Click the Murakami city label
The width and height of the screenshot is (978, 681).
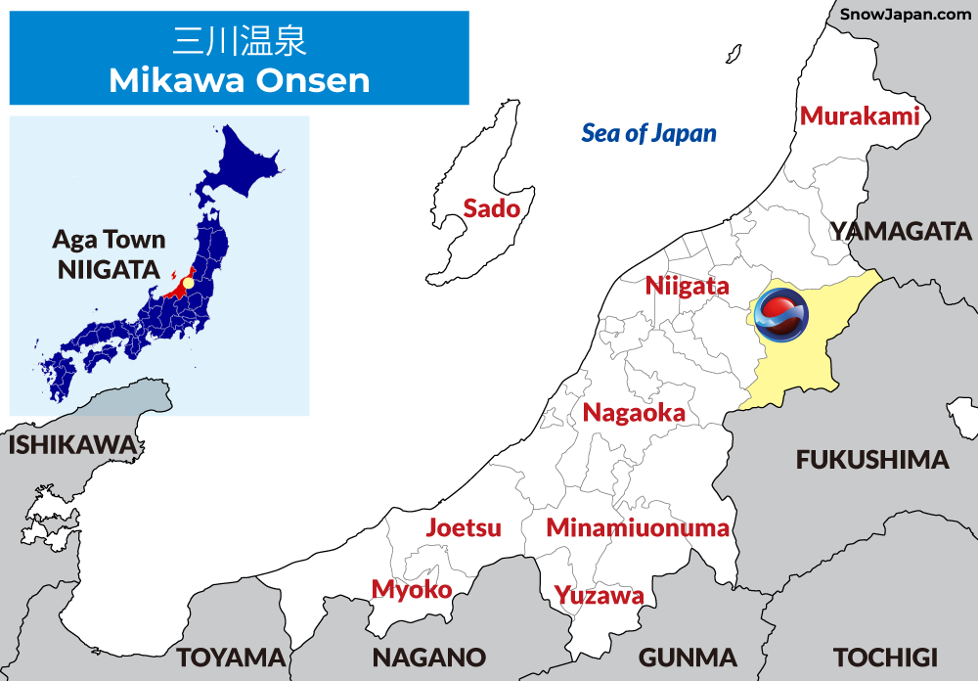point(860,116)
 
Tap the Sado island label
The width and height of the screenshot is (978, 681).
point(491,207)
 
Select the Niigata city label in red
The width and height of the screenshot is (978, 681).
point(687,286)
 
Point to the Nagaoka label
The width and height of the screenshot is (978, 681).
point(634,413)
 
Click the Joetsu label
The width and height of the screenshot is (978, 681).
point(464,527)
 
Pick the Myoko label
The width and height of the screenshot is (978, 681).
point(412,589)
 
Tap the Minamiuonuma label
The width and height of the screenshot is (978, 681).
point(638,528)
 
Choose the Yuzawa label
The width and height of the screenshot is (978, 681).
point(599,595)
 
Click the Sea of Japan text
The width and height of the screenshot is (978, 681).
point(648,133)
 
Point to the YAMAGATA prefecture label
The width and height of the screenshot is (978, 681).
point(901,231)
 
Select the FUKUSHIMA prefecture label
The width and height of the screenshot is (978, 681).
point(872,460)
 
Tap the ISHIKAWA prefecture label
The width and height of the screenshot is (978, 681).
point(72,445)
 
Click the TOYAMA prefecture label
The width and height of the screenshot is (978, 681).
point(231,657)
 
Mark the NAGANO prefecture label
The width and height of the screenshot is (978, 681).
point(428,657)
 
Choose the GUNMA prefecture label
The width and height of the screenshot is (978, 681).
point(688,657)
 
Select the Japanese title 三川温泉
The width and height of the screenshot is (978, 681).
point(240,41)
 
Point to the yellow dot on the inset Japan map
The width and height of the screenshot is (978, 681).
point(189,283)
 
